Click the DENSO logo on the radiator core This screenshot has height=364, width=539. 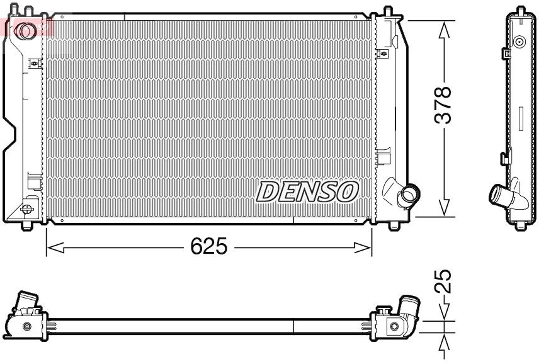click(x=307, y=191)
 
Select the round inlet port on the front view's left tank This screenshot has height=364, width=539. click(x=26, y=30)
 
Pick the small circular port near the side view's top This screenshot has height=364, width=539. click(x=519, y=43)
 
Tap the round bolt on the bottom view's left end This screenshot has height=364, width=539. click(x=26, y=326)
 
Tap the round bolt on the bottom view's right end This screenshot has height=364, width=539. click(x=394, y=326)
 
